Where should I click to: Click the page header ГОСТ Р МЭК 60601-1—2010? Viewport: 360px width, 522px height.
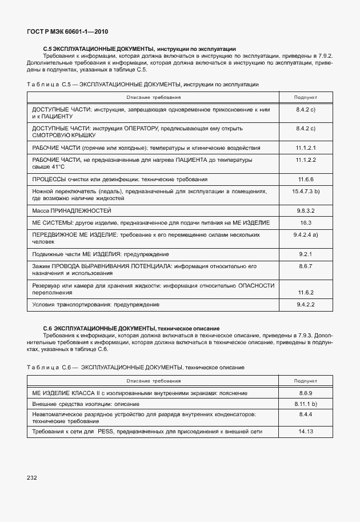click(x=67, y=32)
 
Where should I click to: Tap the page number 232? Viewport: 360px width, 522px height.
click(x=31, y=477)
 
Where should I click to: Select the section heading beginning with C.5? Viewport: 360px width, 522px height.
click(x=139, y=49)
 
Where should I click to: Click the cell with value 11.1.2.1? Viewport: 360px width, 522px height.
click(x=306, y=148)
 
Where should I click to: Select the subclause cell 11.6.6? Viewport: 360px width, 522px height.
click(x=306, y=179)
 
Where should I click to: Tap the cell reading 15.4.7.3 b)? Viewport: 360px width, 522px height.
click(x=306, y=190)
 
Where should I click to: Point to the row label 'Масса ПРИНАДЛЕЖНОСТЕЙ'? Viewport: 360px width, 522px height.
click(x=71, y=211)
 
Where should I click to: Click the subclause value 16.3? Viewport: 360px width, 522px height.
click(x=306, y=222)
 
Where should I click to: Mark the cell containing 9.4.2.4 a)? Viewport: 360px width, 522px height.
click(x=306, y=234)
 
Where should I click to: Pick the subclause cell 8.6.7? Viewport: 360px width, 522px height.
click(x=306, y=266)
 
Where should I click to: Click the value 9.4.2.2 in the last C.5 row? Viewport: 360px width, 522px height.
click(x=306, y=304)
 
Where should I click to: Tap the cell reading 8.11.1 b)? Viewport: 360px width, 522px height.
click(x=306, y=404)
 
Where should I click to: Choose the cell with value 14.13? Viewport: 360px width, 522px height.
click(x=306, y=432)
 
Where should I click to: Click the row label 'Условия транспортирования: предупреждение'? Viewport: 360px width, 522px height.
click(x=95, y=305)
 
